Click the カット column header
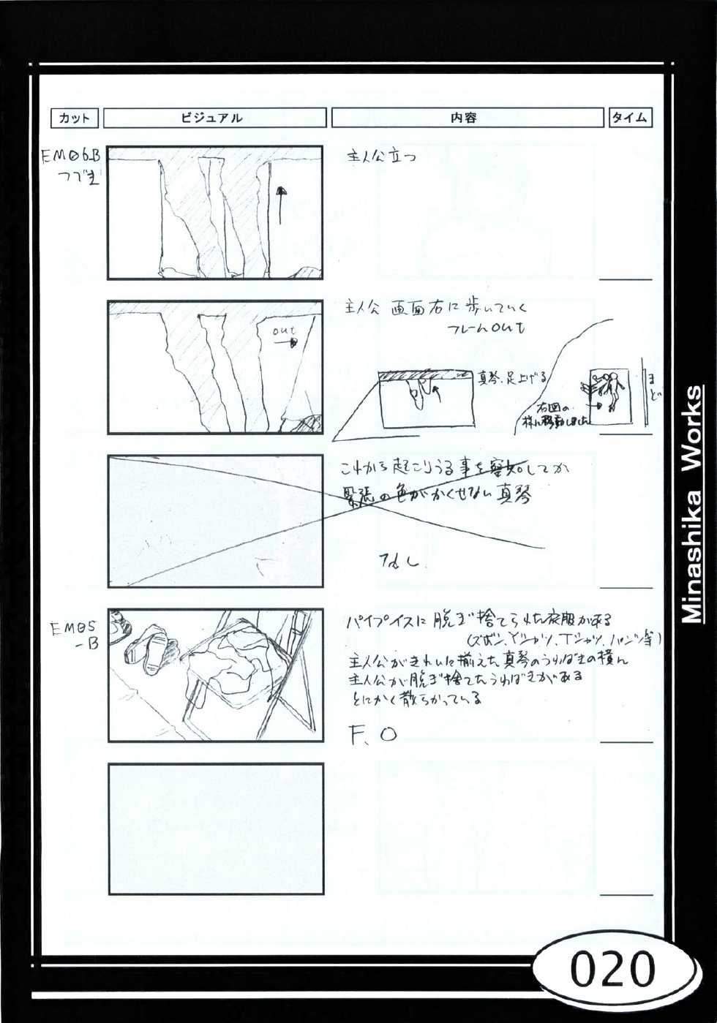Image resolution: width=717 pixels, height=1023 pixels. click(74, 118)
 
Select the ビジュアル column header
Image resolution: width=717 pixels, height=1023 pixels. click(214, 118)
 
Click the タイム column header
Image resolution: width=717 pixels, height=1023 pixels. click(629, 118)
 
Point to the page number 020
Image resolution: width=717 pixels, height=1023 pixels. click(612, 971)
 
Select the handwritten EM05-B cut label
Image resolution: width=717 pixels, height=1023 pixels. click(75, 635)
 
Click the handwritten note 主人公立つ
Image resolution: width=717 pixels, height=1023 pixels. click(380, 156)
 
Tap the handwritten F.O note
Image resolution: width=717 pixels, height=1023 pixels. click(373, 734)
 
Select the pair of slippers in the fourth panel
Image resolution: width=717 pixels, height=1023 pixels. click(150, 647)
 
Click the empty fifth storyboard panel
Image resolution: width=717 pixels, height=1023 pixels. click(216, 828)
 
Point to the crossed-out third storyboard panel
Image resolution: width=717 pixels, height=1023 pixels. click(216, 521)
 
